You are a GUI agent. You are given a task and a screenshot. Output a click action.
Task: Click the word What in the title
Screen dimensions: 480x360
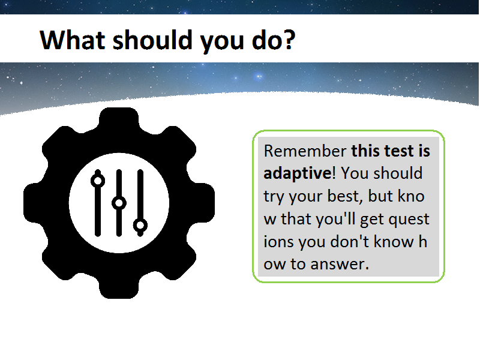pos(73,40)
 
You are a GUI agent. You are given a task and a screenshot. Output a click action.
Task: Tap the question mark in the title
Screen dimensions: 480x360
pos(288,40)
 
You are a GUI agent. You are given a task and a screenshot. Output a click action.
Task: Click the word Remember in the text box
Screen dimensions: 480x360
pos(305,151)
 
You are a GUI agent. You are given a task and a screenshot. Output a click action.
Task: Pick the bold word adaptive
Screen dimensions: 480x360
pos(297,173)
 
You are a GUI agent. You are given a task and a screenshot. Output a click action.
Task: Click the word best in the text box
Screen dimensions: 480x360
pos(344,196)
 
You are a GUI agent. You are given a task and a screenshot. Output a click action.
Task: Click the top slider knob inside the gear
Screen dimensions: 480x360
pos(98,181)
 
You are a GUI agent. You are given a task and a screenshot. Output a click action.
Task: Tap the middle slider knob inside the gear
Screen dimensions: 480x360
pos(119,203)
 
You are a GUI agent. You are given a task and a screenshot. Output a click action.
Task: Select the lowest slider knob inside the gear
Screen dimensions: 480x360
pos(140,226)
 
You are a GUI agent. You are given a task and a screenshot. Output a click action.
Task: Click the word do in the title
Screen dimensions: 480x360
pos(265,40)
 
